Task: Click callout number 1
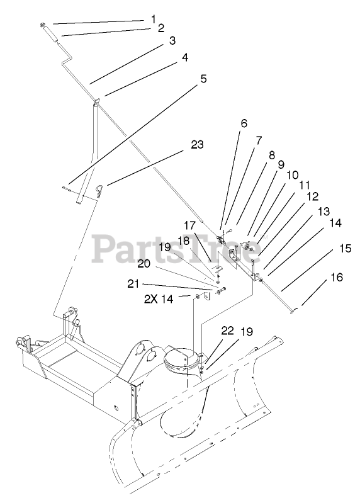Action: pyautogui.click(x=154, y=20)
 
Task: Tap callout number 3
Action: pyautogui.click(x=172, y=41)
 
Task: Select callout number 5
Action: pyautogui.click(x=203, y=79)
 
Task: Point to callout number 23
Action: pyautogui.click(x=197, y=145)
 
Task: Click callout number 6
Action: pyautogui.click(x=244, y=123)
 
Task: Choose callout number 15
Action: pyautogui.click(x=346, y=248)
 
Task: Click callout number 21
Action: pyautogui.click(x=133, y=283)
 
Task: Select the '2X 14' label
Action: pyautogui.click(x=159, y=299)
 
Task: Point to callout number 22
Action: pyautogui.click(x=227, y=331)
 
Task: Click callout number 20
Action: pyautogui.click(x=143, y=264)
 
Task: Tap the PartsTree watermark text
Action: pyautogui.click(x=177, y=249)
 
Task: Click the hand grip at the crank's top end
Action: pyautogui.click(x=51, y=32)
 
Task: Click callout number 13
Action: pyautogui.click(x=323, y=211)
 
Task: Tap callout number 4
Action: pyautogui.click(x=184, y=57)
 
